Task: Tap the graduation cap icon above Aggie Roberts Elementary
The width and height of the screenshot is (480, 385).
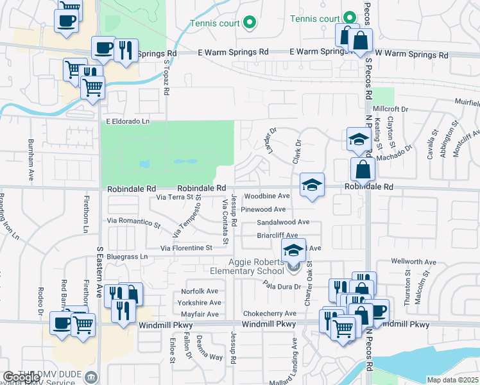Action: click(x=294, y=250)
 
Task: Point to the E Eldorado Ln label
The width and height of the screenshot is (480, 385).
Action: click(x=128, y=121)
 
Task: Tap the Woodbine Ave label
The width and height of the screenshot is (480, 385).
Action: click(x=268, y=196)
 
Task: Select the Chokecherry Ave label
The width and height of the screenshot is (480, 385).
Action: click(x=270, y=314)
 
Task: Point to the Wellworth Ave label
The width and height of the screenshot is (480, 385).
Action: click(x=413, y=262)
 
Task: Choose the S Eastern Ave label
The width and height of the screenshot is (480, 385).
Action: click(x=99, y=273)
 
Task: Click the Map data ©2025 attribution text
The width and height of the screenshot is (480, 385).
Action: click(x=453, y=379)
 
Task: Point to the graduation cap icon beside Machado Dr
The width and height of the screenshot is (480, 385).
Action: click(x=356, y=139)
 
